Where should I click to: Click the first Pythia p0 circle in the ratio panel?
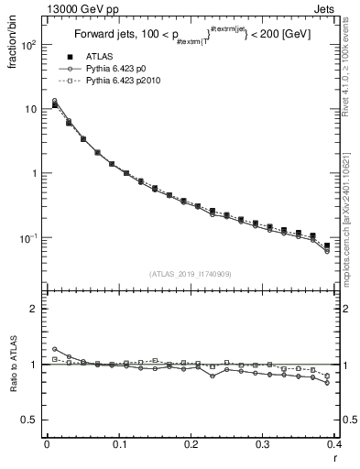coord(54,349)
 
